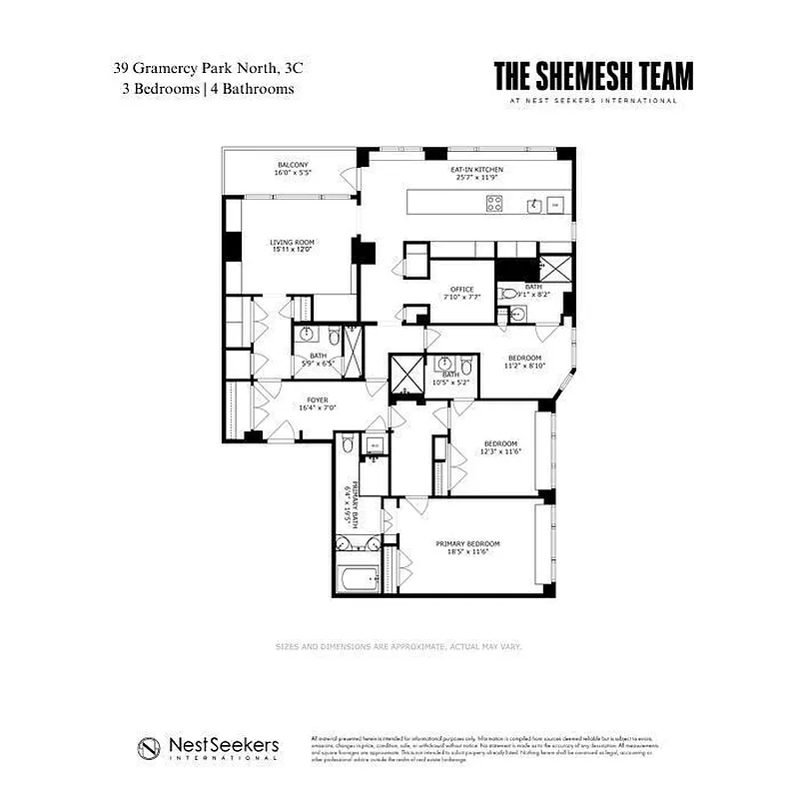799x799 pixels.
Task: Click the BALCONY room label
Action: coord(293,165)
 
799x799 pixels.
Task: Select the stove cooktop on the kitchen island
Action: coord(494,204)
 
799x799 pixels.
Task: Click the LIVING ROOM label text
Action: coord(292,242)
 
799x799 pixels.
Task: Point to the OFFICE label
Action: coord(461,290)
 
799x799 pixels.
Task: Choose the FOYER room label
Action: coord(318,400)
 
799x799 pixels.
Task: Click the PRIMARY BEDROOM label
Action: coord(467,543)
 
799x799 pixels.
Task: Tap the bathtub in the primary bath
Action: coord(359,578)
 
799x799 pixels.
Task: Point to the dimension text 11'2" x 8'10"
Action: coord(525,366)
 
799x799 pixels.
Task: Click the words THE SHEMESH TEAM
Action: coord(593,77)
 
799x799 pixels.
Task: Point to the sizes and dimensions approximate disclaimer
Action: coord(399,646)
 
